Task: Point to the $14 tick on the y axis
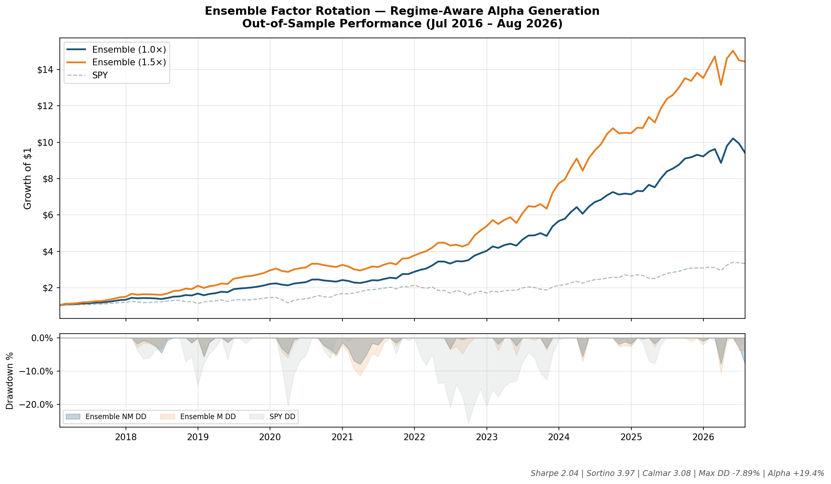pyautogui.click(x=48, y=70)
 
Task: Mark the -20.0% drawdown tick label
pyautogui.click(x=38, y=404)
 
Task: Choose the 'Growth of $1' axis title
pyautogui.click(x=28, y=178)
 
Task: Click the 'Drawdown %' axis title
pyautogui.click(x=10, y=381)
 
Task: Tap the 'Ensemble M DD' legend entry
pyautogui.click(x=198, y=417)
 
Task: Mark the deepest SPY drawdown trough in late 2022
pyautogui.click(x=468, y=423)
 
